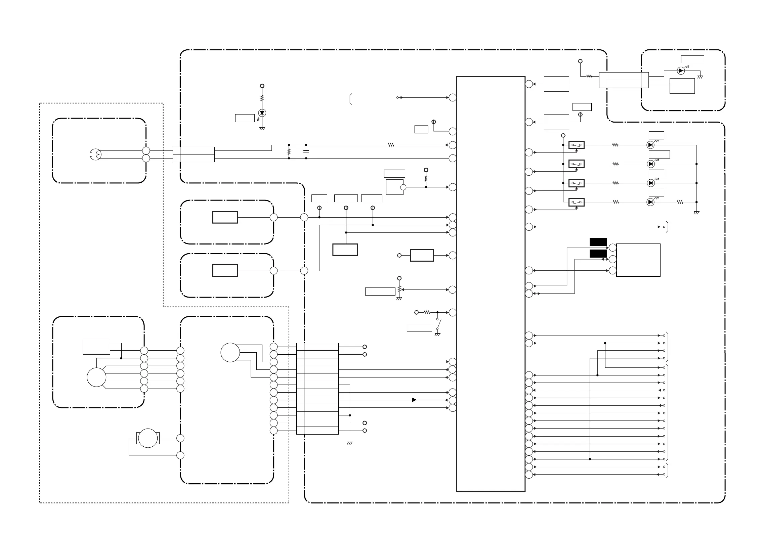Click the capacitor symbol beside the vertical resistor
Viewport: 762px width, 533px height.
(306, 151)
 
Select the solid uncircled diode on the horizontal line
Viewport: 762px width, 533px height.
(414, 400)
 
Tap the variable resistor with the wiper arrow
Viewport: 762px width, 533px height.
(399, 289)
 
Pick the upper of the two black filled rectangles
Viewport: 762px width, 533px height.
(598, 242)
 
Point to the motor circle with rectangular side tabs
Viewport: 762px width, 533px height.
(148, 438)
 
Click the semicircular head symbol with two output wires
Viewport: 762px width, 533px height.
(96, 154)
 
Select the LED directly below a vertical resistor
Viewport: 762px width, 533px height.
(262, 113)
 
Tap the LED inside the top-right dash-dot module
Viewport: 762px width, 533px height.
(681, 71)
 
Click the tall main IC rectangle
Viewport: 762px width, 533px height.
(491, 284)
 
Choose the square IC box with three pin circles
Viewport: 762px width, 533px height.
(638, 260)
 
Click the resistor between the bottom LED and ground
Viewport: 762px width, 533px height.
(680, 202)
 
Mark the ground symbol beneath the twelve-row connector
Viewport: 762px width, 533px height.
(349, 443)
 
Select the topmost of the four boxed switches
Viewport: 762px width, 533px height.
(576, 145)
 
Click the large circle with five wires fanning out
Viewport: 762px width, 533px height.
(96, 377)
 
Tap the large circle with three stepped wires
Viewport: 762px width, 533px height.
(230, 353)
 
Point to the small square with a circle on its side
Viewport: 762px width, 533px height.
(395, 187)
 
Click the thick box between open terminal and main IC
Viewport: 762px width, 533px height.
(422, 255)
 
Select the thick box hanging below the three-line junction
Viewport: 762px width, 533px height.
(345, 250)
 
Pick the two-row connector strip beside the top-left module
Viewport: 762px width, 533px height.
(194, 154)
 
